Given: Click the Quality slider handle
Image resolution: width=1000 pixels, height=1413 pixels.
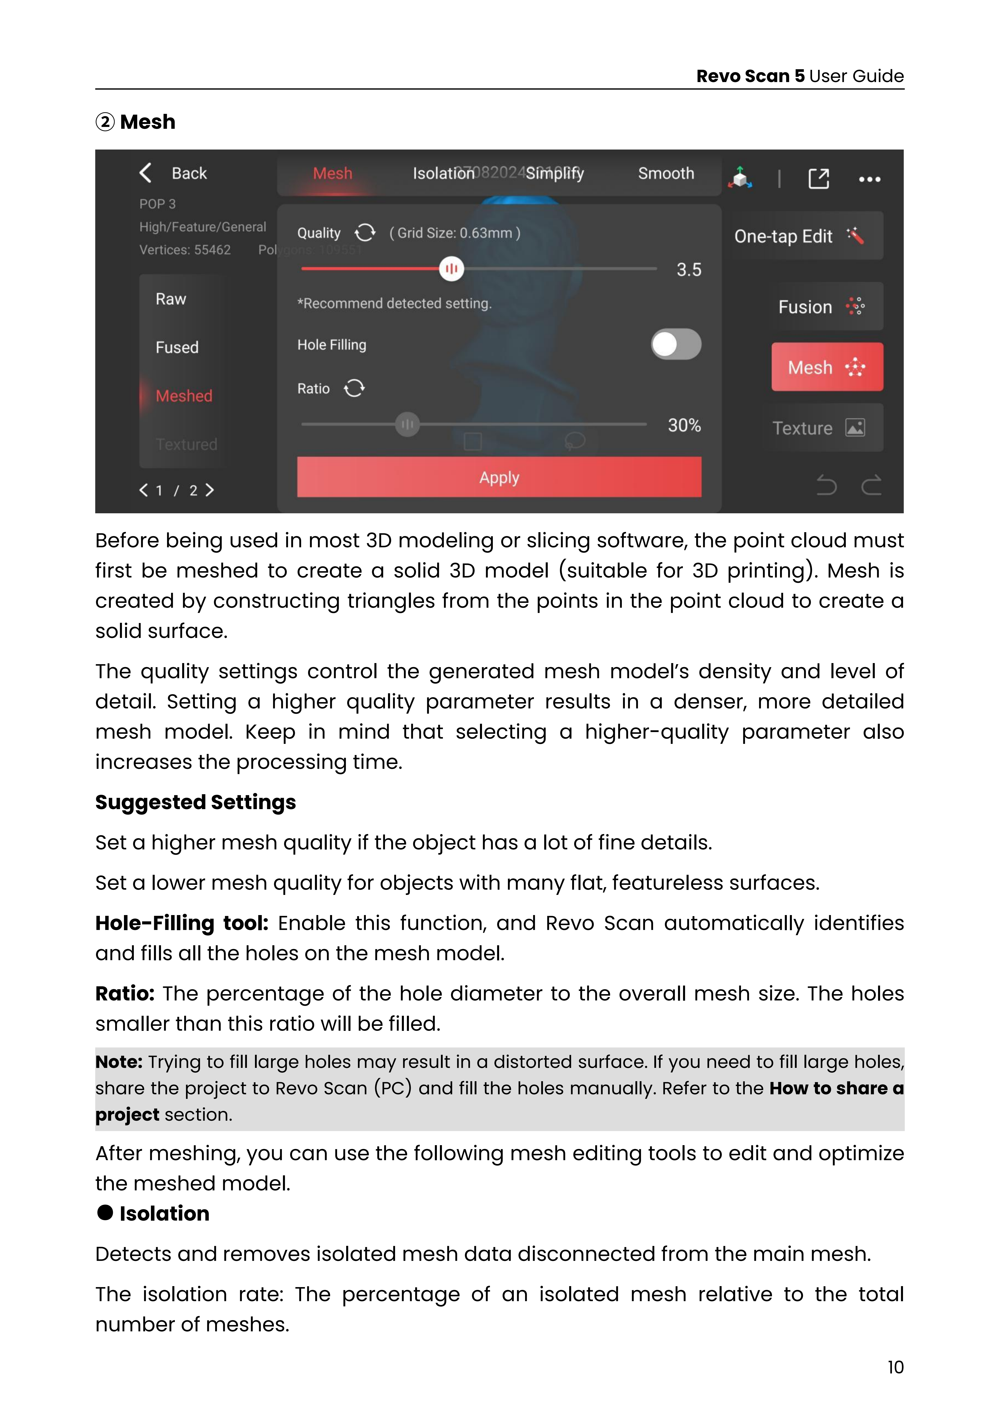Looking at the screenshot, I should (x=451, y=269).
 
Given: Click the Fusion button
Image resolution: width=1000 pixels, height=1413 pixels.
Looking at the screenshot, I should (x=821, y=306).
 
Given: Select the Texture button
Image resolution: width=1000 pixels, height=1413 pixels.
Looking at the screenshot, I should (x=818, y=428).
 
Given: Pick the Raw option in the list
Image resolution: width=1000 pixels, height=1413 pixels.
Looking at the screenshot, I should (x=171, y=299).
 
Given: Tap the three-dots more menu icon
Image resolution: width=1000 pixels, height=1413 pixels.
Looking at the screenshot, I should (x=869, y=179).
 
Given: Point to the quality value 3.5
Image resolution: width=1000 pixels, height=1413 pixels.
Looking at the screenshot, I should (x=688, y=270).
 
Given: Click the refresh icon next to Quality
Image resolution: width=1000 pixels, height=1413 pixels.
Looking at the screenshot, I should (x=365, y=233).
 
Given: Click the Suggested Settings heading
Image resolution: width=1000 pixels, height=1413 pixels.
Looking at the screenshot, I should (x=195, y=803).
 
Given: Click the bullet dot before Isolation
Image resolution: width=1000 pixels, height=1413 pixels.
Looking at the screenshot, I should (x=105, y=1212).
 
